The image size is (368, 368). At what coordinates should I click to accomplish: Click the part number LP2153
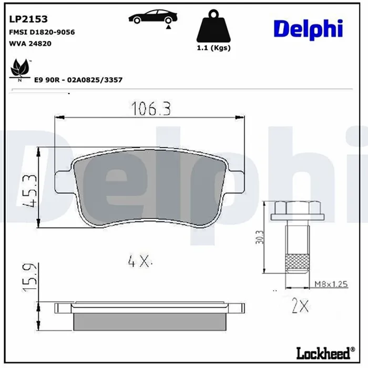(x=28, y=19)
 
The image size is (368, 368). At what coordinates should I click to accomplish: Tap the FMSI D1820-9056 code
(x=42, y=32)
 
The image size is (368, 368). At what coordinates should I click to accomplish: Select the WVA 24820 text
(x=30, y=44)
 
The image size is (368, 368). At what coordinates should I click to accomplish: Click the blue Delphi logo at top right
(x=309, y=29)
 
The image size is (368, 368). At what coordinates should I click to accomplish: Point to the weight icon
(x=213, y=26)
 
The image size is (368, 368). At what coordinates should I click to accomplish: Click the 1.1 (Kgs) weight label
(x=213, y=48)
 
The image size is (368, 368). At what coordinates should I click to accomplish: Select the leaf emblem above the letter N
(x=20, y=67)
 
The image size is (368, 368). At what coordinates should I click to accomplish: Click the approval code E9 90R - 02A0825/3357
(x=78, y=80)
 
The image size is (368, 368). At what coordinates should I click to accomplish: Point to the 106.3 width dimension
(x=151, y=109)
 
